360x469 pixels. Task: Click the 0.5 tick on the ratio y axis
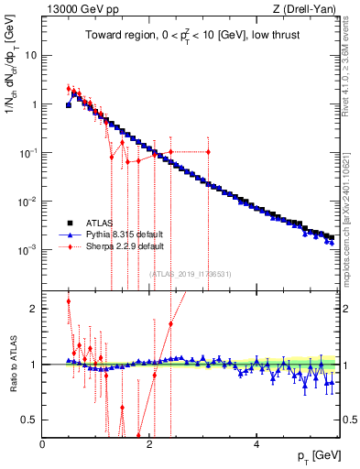pos(27,420)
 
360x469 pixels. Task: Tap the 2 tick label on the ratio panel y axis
pos(32,309)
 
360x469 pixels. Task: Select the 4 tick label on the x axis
pos(256,444)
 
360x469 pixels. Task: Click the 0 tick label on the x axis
pos(43,444)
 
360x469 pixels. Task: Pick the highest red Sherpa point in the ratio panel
pos(69,300)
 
